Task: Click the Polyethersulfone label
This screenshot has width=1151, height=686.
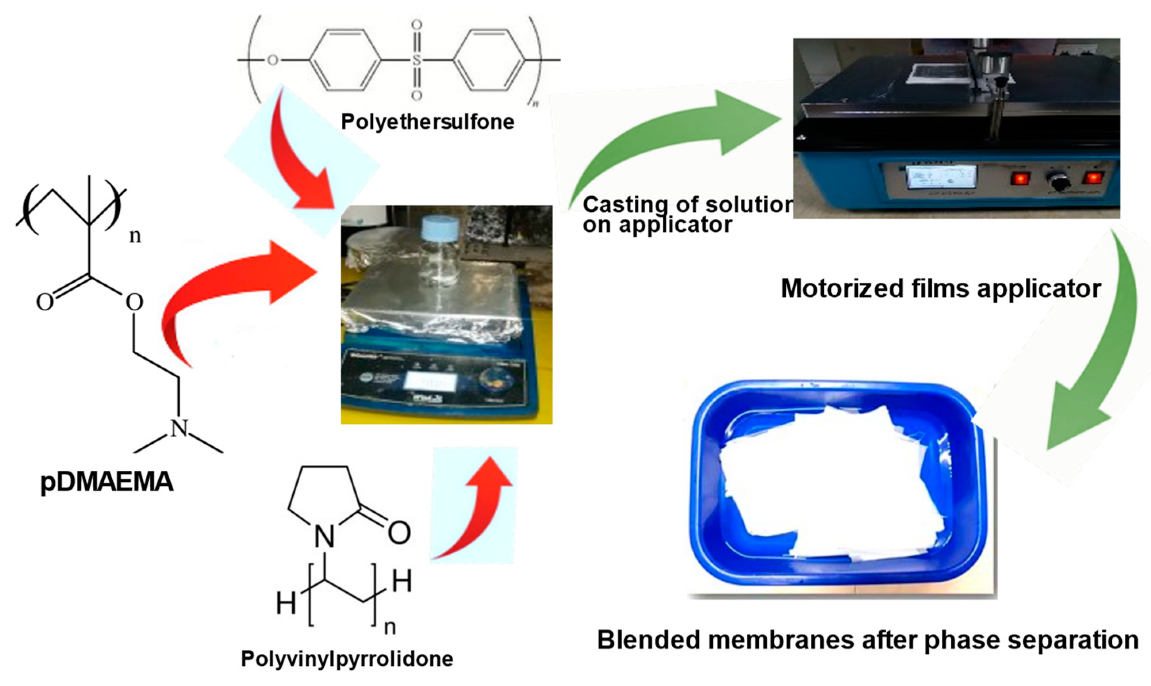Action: [427, 122]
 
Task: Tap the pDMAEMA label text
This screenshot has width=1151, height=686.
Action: [107, 482]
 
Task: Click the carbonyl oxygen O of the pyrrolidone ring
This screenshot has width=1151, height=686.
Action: [399, 533]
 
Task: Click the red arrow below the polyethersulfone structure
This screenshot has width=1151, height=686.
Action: [301, 157]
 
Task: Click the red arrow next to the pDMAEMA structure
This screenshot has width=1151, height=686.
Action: [231, 296]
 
